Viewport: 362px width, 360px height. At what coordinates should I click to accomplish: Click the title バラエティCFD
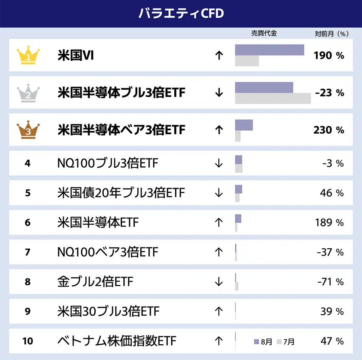pos(181,13)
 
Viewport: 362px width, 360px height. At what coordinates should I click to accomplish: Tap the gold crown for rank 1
pos(28,56)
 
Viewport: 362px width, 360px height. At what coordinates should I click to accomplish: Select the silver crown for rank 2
pos(28,93)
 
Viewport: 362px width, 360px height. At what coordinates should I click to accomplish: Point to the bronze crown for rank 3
pos(28,130)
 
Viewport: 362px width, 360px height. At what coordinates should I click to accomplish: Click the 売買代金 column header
pos(264,33)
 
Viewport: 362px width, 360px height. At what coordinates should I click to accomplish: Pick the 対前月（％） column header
pos(331,34)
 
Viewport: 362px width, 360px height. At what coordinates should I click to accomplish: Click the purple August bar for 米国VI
pos(269,50)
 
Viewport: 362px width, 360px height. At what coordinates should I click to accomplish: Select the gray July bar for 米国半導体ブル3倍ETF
pos(273,98)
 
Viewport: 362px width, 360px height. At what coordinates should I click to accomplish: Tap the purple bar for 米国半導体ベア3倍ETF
pos(244,125)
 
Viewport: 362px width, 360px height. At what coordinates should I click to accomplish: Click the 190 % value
pos(328,56)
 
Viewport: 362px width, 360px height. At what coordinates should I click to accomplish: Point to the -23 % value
pos(330,93)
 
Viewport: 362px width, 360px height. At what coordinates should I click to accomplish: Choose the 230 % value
pos(328,130)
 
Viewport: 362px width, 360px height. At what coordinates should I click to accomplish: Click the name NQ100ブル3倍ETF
pos(107,163)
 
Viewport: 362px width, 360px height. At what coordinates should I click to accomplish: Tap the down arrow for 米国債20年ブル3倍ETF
pos(219,193)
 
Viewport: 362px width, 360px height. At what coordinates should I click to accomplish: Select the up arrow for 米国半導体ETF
pos(219,222)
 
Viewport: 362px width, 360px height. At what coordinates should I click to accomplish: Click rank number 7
pos(28,252)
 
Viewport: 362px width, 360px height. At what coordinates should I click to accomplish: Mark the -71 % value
pos(330,281)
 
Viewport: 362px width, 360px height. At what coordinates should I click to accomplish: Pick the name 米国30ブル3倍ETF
pos(108,311)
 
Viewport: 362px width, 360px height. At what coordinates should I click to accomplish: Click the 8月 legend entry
pos(263,341)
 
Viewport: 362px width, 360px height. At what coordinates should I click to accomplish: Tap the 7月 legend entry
pos(285,341)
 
